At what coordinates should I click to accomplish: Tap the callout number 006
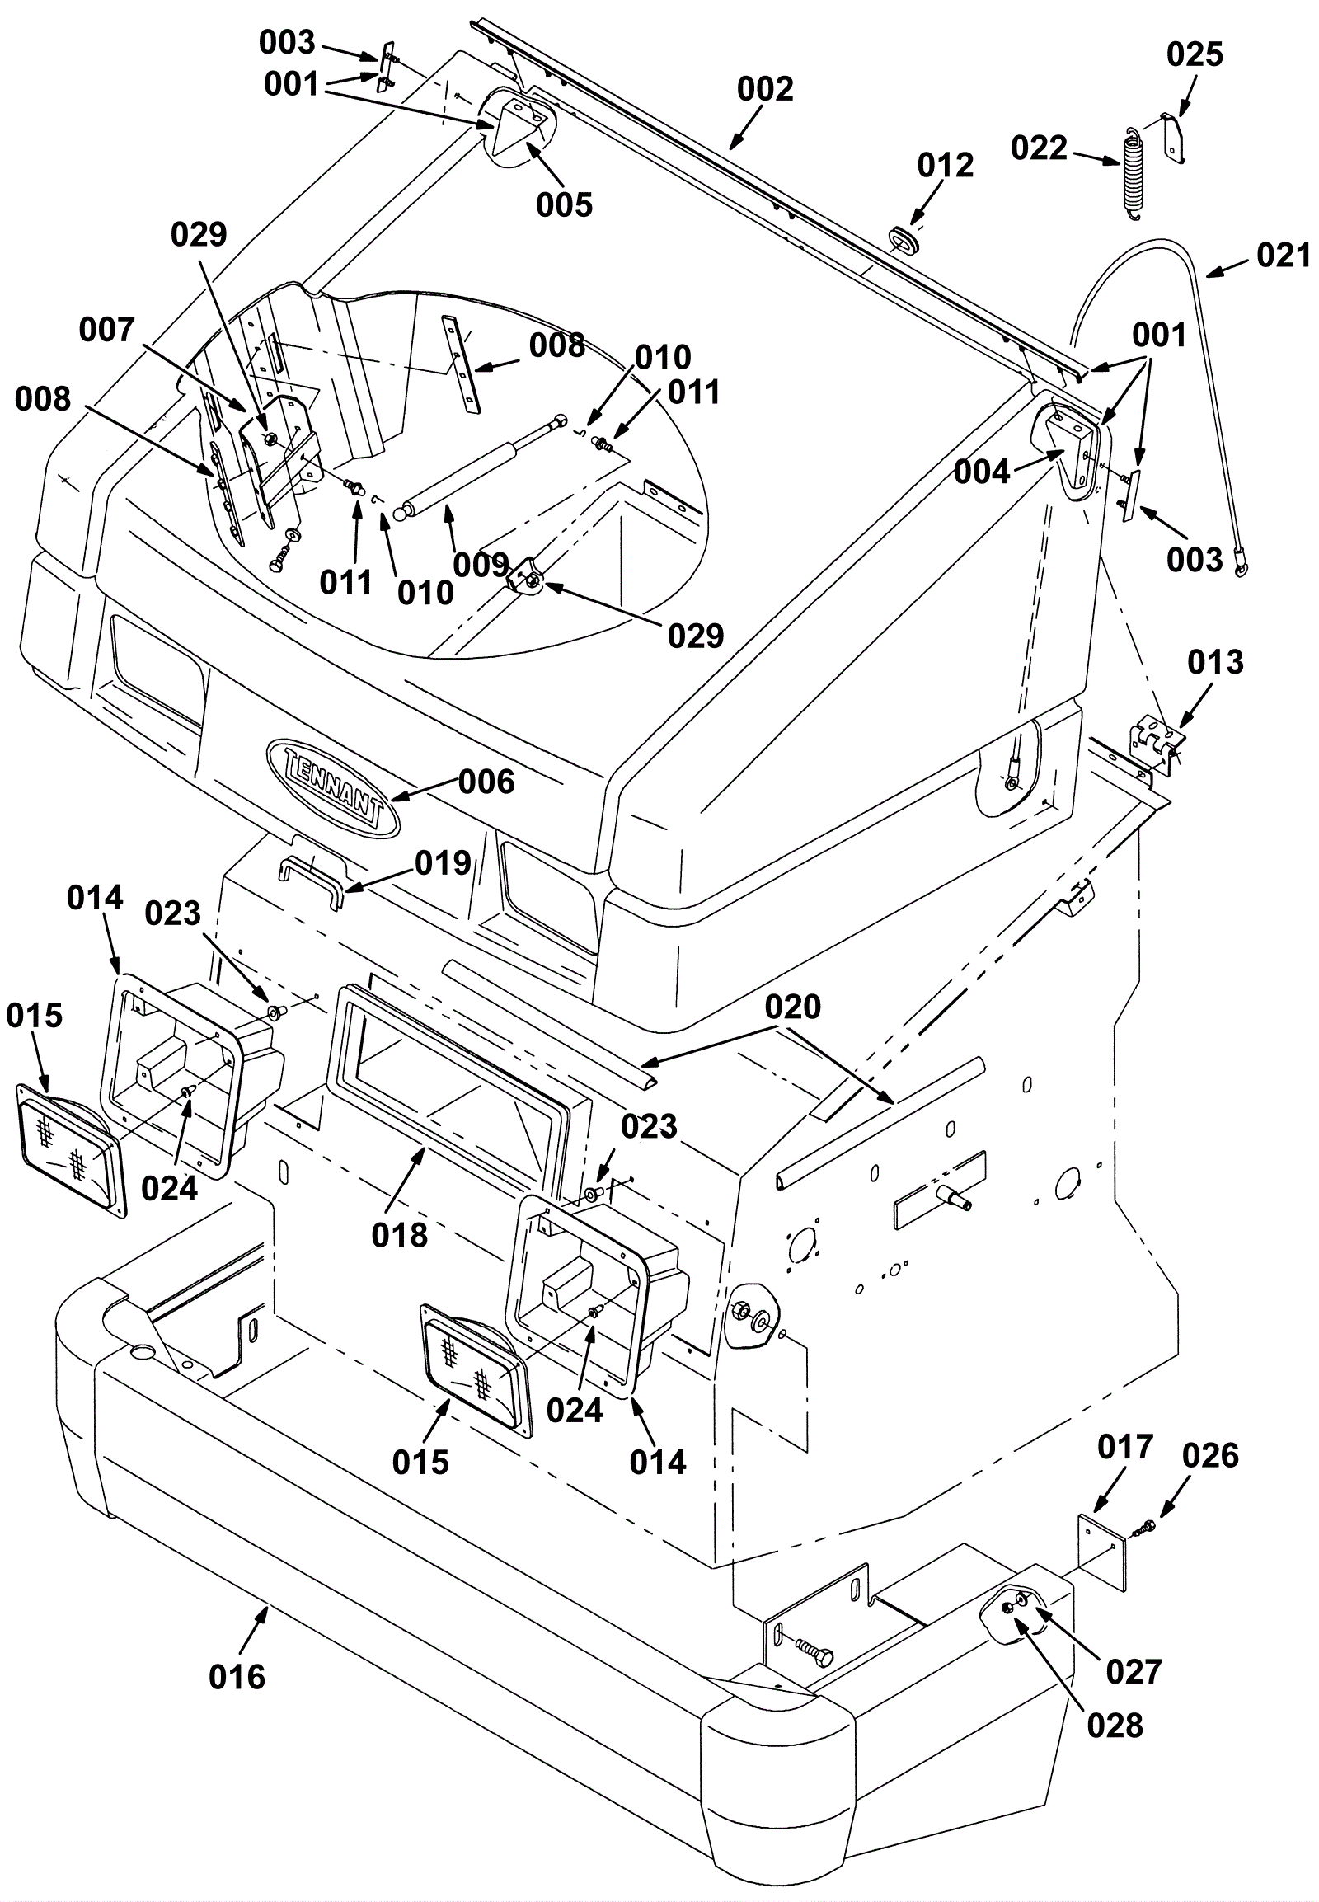pyautogui.click(x=486, y=782)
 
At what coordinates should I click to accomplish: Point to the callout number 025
pyautogui.click(x=1195, y=55)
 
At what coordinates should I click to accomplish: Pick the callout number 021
pyautogui.click(x=1284, y=256)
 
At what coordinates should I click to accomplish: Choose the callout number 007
pyautogui.click(x=106, y=331)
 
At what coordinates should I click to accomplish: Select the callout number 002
pyautogui.click(x=765, y=89)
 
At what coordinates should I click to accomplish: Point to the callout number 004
pyautogui.click(x=982, y=472)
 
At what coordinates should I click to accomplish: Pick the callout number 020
pyautogui.click(x=792, y=1007)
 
